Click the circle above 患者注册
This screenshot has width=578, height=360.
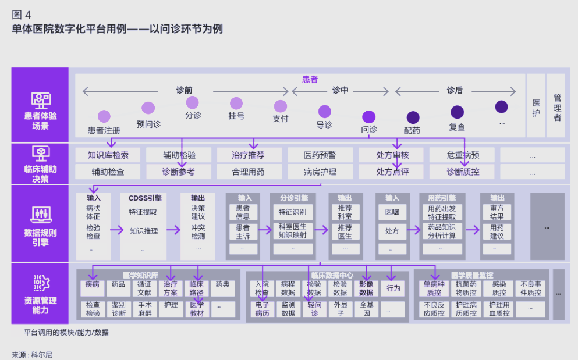(x=104, y=116)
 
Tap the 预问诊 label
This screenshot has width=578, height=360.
(x=148, y=124)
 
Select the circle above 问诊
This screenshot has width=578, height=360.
(x=368, y=116)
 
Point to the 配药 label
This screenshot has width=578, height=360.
(x=412, y=130)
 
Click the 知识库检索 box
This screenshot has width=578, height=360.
(x=108, y=155)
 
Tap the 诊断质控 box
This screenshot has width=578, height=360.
(x=463, y=172)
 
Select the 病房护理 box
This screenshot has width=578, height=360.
(x=320, y=172)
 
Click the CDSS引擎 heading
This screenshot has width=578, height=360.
(x=145, y=198)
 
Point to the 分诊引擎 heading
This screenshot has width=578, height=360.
(x=293, y=198)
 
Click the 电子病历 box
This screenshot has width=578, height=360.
(x=261, y=309)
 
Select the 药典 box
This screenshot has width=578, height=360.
(x=223, y=285)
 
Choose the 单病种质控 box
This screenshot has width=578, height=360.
(x=434, y=288)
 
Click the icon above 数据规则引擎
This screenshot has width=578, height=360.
(x=41, y=213)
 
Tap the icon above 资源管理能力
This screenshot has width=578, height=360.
(x=41, y=283)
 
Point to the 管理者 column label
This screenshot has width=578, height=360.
(x=557, y=108)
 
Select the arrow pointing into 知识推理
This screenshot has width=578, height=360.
(x=117, y=230)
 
